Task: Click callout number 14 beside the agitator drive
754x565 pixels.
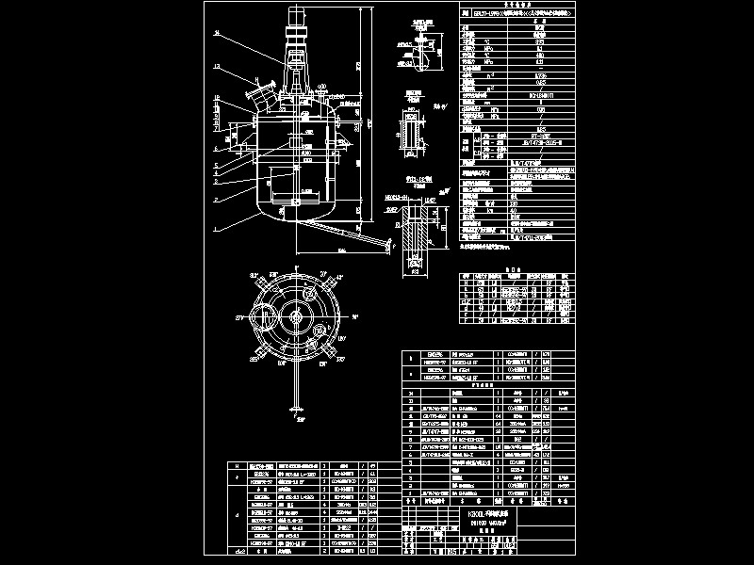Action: [x=218, y=34]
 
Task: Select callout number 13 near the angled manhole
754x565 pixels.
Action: [x=218, y=66]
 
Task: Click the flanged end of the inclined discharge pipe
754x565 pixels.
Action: [x=386, y=248]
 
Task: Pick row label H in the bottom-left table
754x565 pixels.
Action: [x=236, y=466]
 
